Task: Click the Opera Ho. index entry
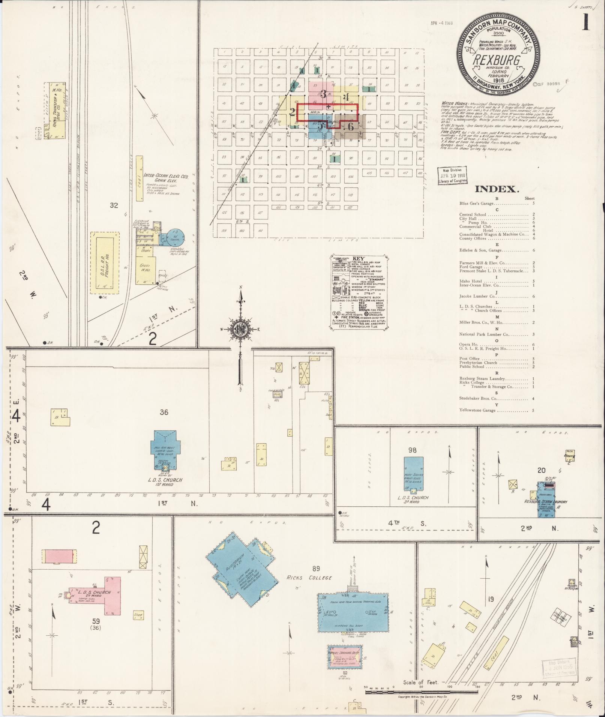coord(468,344)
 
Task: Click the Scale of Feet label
coord(421,682)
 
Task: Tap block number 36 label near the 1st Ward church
coord(164,412)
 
